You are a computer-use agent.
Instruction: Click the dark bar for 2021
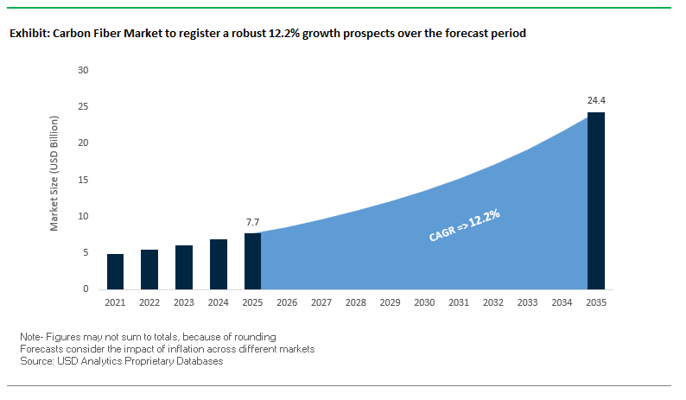point(115,271)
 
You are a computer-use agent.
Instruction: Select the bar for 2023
point(184,267)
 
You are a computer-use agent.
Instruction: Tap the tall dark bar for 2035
point(596,200)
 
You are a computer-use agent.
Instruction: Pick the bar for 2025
point(252,261)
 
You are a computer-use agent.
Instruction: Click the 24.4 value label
point(596,100)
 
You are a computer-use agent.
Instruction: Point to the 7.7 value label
point(252,221)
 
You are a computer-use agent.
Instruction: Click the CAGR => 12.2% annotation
point(465,224)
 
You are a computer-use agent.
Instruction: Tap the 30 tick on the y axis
point(84,70)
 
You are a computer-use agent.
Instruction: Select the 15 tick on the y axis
point(84,180)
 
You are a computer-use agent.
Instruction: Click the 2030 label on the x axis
point(424,303)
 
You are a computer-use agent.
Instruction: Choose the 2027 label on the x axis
point(321,303)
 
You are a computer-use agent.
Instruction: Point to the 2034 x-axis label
point(562,303)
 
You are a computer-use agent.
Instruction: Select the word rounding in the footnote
point(255,336)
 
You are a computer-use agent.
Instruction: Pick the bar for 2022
point(149,270)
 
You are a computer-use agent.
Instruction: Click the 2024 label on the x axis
point(218,303)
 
